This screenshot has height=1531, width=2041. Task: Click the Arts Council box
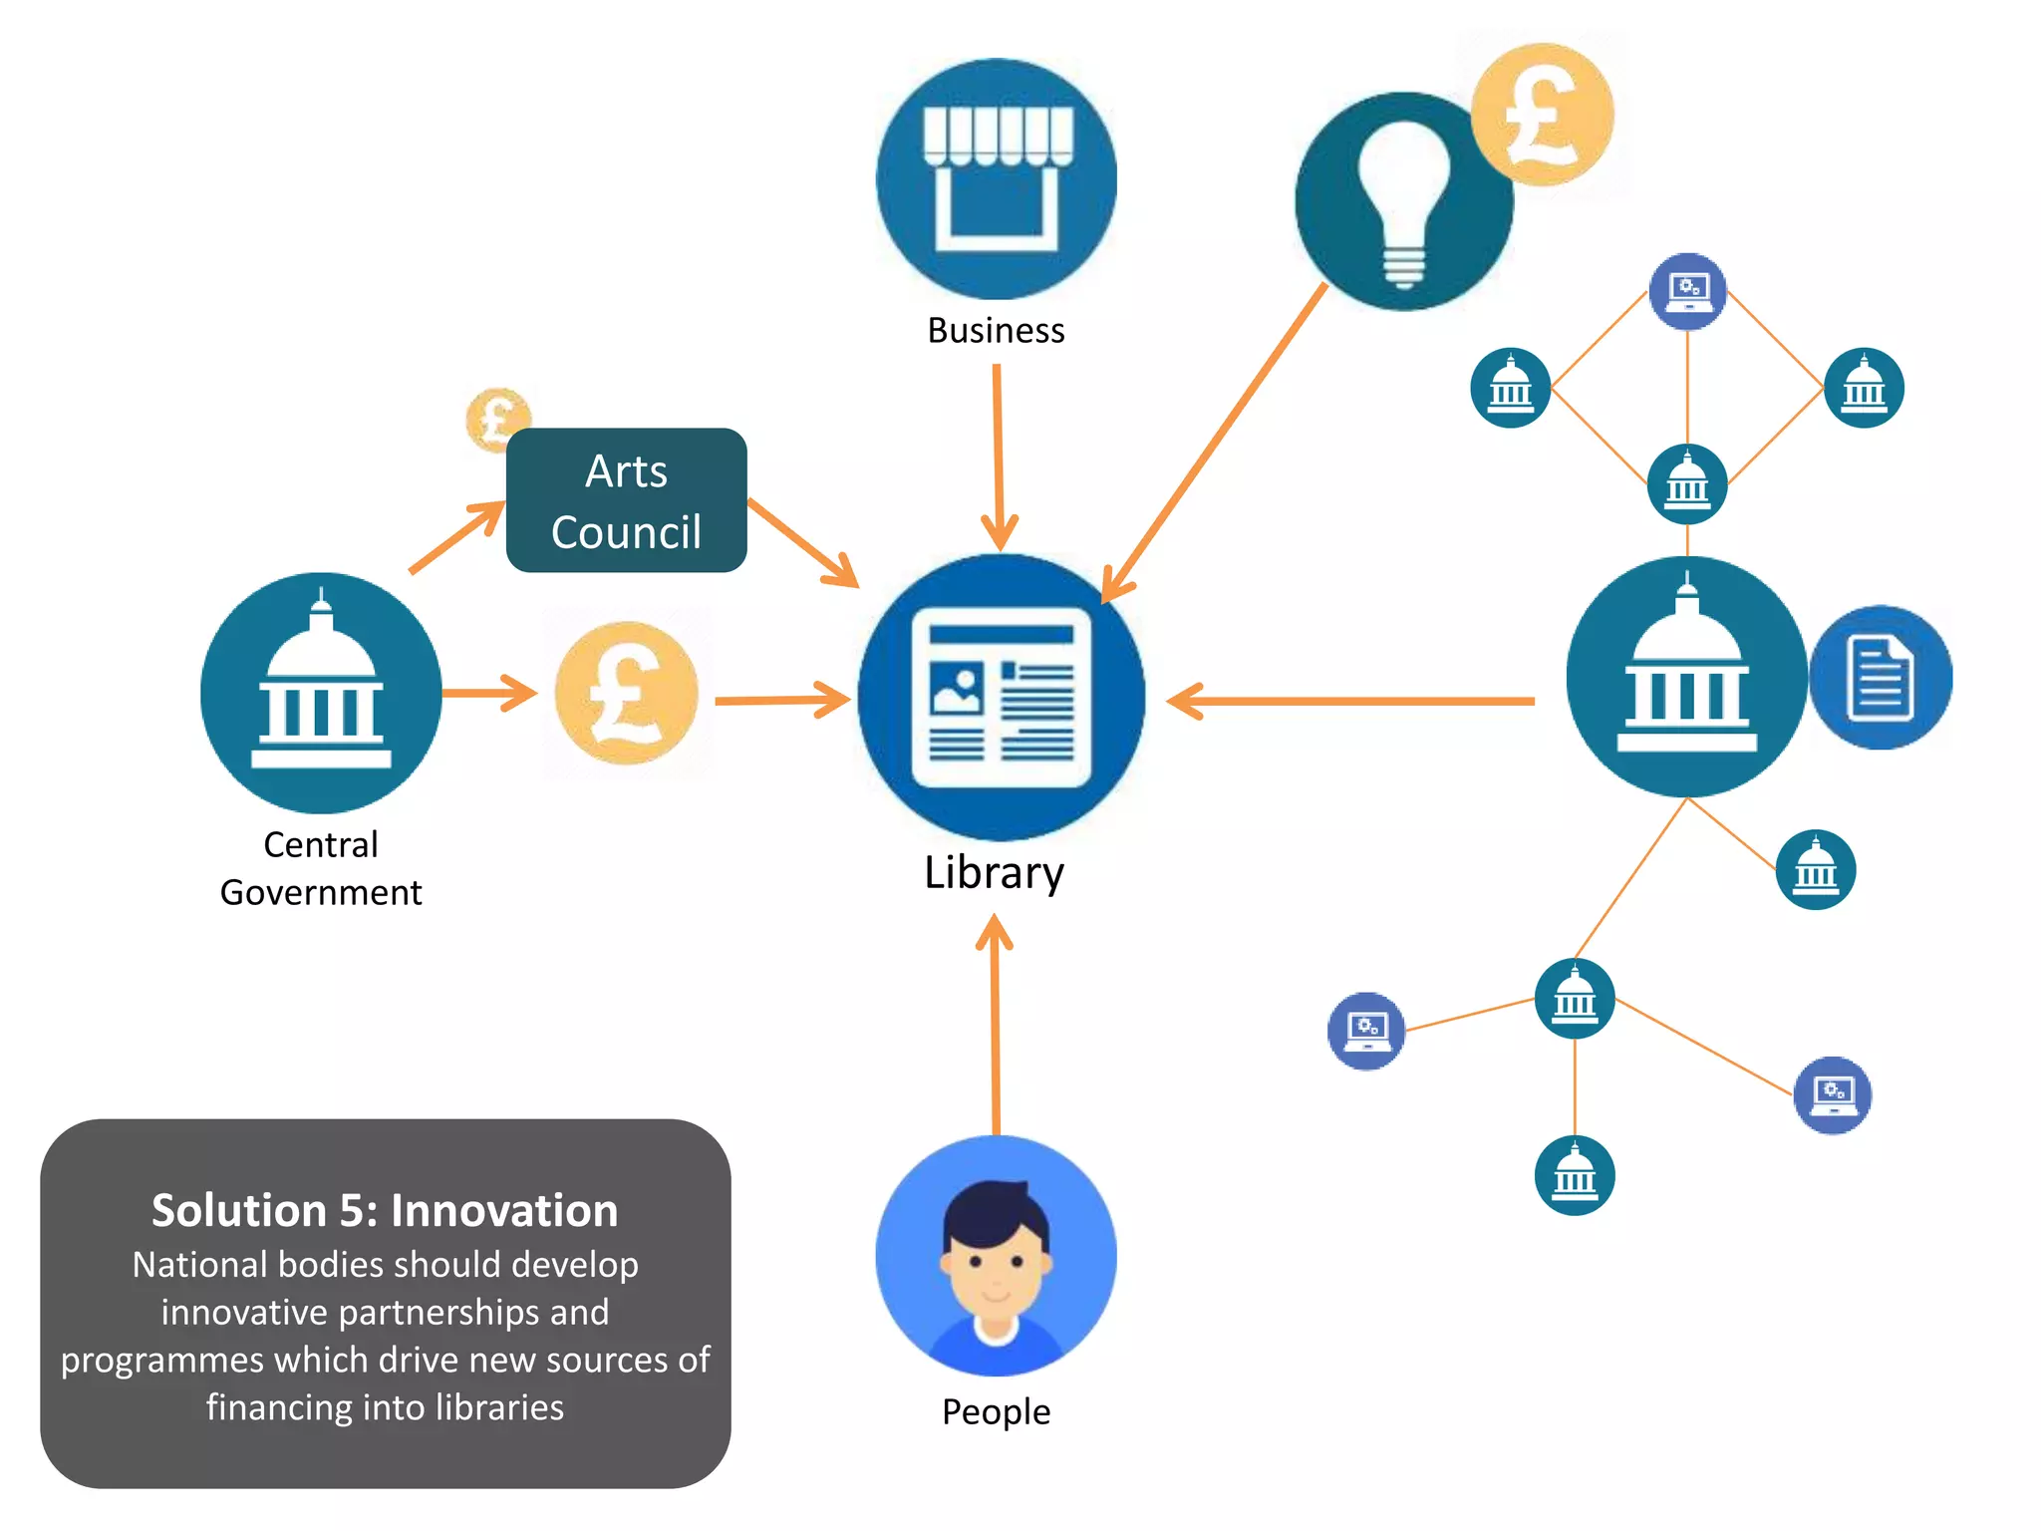tap(626, 500)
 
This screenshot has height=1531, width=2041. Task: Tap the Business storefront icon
tap(997, 179)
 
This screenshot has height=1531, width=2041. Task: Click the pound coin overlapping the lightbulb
tap(1543, 114)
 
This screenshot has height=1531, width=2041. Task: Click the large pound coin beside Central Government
tap(626, 694)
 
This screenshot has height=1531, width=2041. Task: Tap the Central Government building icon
tap(321, 693)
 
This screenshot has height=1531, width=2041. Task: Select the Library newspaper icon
tap(1001, 698)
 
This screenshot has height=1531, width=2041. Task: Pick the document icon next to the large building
tap(1881, 678)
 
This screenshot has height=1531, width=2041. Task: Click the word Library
tap(994, 873)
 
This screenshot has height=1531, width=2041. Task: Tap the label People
tap(996, 1411)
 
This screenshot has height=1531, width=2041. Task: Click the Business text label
tap(996, 331)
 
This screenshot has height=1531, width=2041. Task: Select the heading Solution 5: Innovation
tap(385, 1210)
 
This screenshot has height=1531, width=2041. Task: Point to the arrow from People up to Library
tap(995, 1027)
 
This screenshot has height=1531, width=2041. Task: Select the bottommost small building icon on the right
tap(1575, 1175)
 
